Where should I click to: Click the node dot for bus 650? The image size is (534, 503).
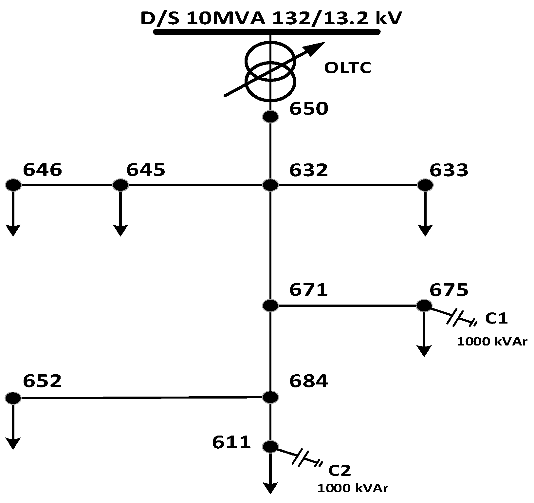pyautogui.click(x=270, y=117)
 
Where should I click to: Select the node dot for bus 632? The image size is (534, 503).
pyautogui.click(x=270, y=185)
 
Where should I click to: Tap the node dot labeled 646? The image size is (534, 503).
pyautogui.click(x=13, y=185)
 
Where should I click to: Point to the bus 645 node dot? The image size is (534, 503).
pyautogui.click(x=120, y=185)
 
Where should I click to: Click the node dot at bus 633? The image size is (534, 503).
pyautogui.click(x=425, y=185)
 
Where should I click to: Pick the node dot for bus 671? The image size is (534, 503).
pyautogui.click(x=270, y=306)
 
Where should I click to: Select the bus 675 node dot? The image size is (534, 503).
pyautogui.click(x=424, y=306)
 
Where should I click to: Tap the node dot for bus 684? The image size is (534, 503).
pyautogui.click(x=270, y=397)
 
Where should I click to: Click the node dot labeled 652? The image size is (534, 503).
pyautogui.click(x=13, y=398)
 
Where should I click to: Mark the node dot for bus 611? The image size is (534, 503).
pyautogui.click(x=270, y=446)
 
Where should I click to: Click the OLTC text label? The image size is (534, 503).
pyautogui.click(x=348, y=68)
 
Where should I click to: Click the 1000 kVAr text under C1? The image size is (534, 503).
pyautogui.click(x=492, y=342)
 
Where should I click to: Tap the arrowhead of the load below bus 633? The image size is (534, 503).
pyautogui.click(x=425, y=231)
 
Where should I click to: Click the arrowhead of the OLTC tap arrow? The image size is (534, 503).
pyautogui.click(x=318, y=47)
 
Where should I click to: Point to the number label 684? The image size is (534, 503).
pyautogui.click(x=308, y=381)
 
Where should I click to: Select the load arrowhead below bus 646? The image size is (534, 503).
pyautogui.click(x=13, y=231)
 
